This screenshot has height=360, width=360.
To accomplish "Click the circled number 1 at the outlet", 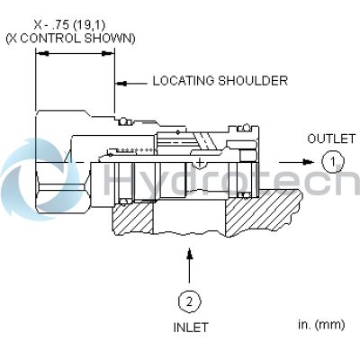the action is (x=333, y=162).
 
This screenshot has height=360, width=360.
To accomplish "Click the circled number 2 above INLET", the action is (x=190, y=301).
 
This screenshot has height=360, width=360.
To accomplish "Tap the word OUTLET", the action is (x=331, y=139).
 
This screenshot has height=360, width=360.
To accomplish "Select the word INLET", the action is (x=191, y=328).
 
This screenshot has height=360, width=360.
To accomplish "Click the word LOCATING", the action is (x=184, y=81).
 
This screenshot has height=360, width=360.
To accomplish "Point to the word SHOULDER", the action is (x=253, y=81).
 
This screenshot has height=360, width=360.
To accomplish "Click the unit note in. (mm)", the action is (x=321, y=325).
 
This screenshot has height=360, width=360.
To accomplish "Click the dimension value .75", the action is (x=58, y=25).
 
